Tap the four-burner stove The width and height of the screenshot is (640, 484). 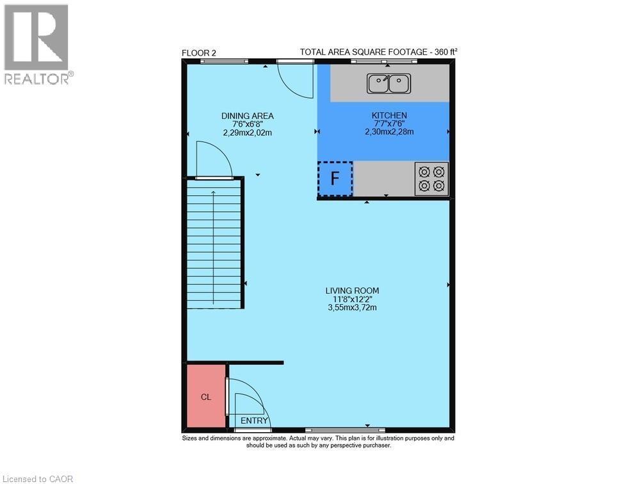[431, 179]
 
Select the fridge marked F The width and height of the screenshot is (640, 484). [335, 179]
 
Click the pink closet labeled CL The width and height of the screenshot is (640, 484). [206, 396]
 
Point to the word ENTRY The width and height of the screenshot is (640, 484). [254, 421]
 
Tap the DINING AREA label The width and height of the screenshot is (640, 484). [248, 116]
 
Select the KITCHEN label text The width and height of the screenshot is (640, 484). [389, 115]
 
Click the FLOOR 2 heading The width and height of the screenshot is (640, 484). [199, 52]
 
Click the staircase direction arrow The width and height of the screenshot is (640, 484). [214, 243]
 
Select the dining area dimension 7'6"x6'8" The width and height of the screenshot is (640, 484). [248, 124]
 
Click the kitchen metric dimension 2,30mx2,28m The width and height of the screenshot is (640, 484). [389, 132]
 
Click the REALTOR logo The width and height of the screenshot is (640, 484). [36, 45]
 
